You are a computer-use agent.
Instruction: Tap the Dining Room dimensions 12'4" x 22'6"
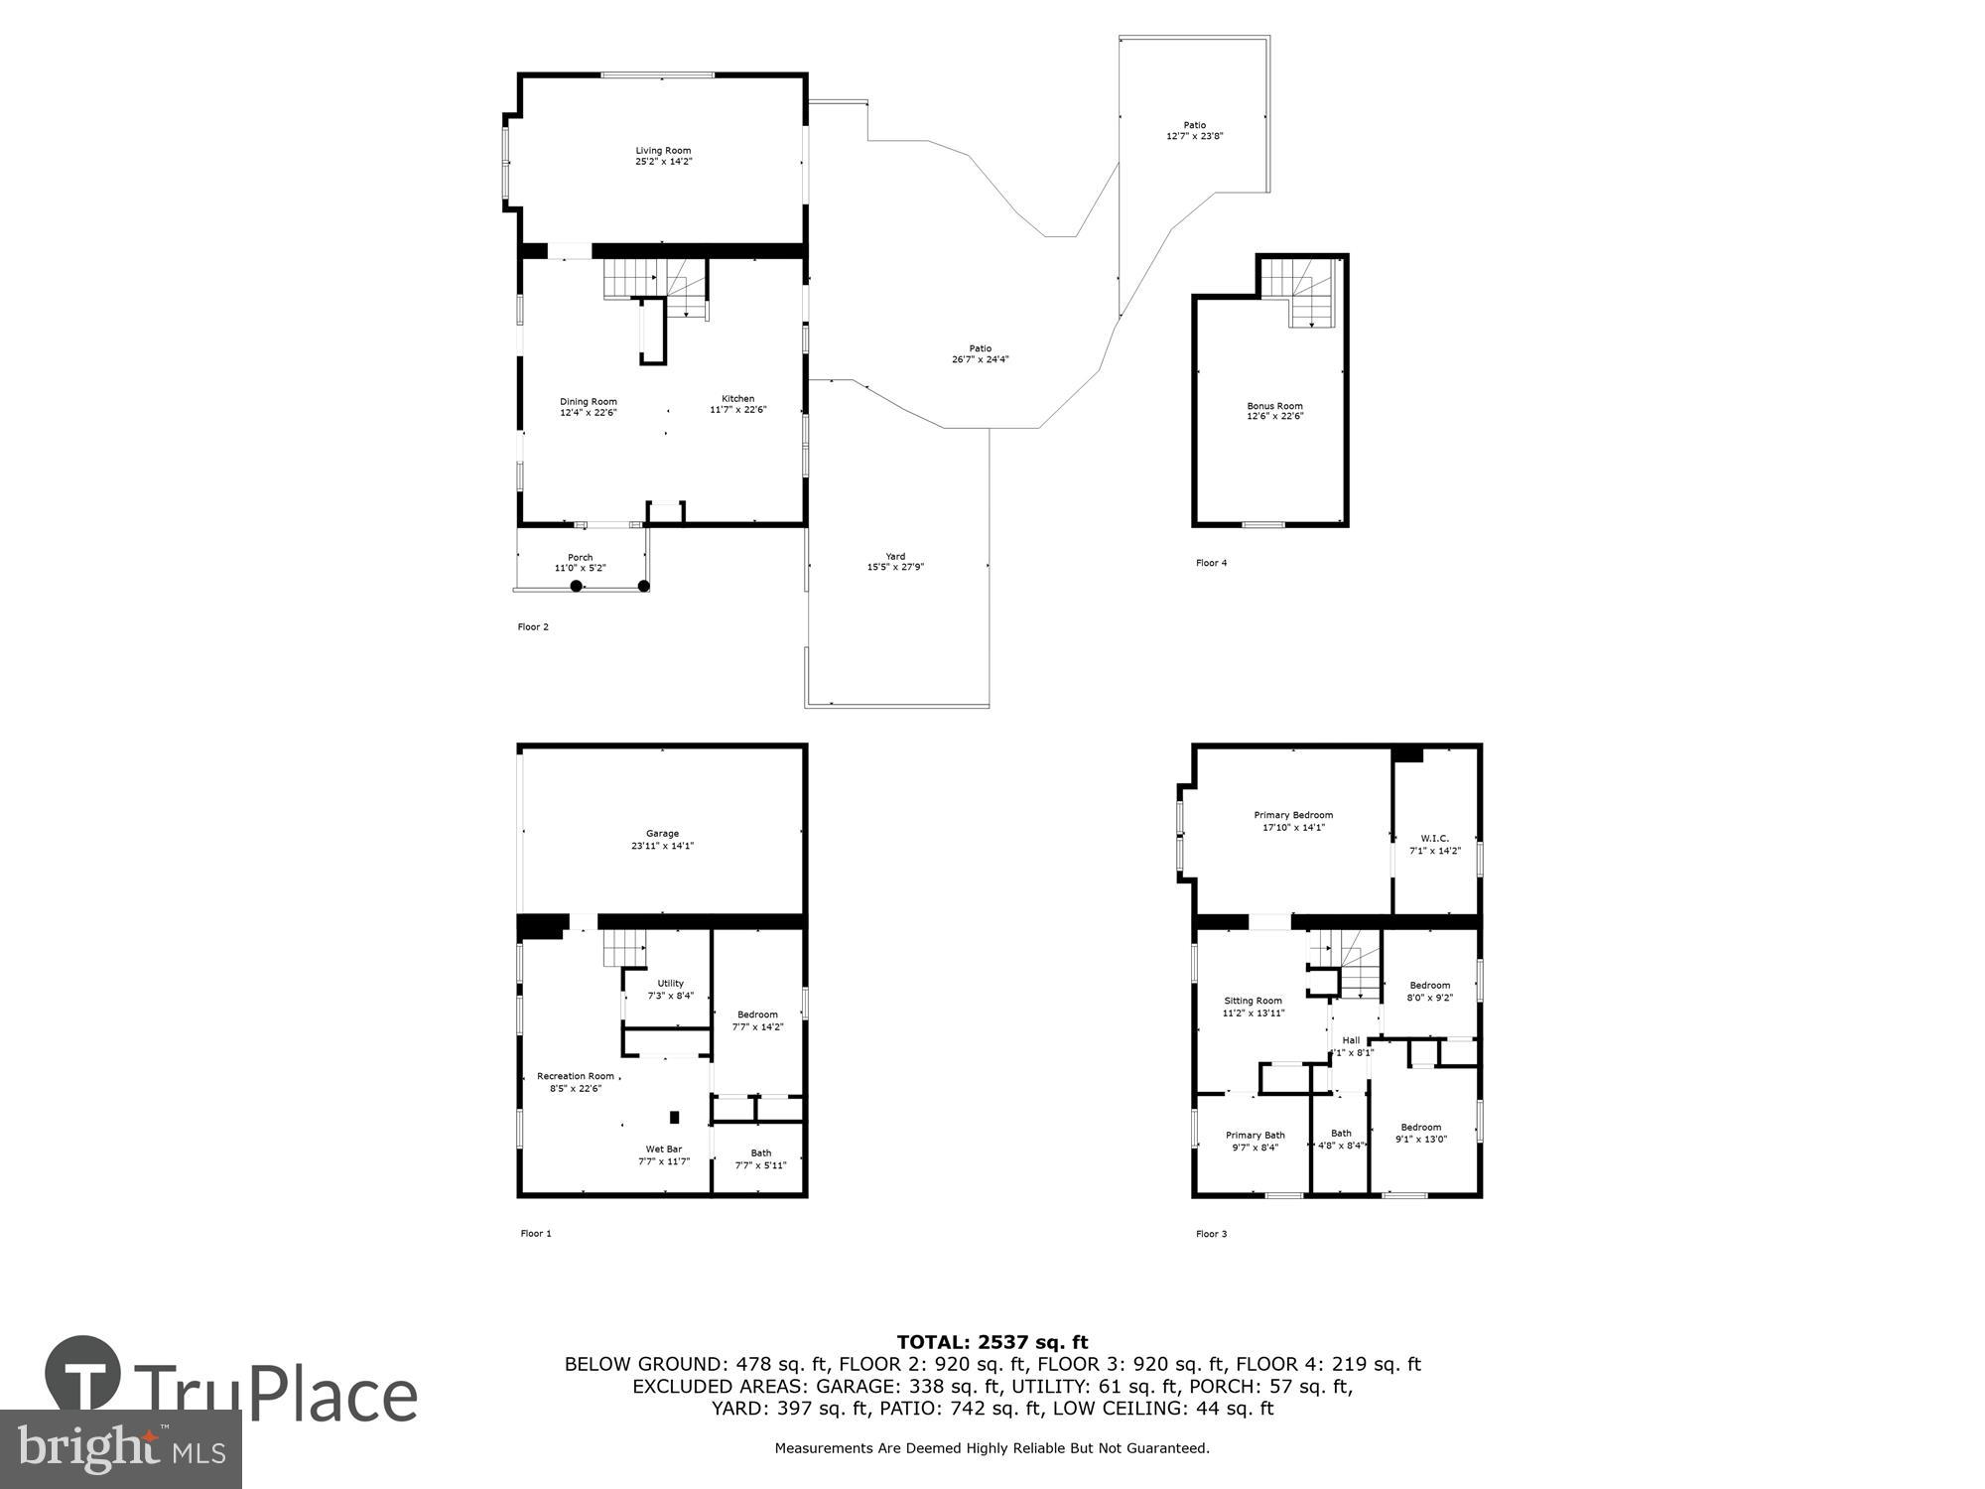[588, 413]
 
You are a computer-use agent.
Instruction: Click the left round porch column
[576, 586]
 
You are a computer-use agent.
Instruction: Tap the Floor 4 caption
[1211, 563]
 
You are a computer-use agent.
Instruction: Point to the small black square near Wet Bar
[675, 1117]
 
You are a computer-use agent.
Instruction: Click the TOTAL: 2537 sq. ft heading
[992, 1343]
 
